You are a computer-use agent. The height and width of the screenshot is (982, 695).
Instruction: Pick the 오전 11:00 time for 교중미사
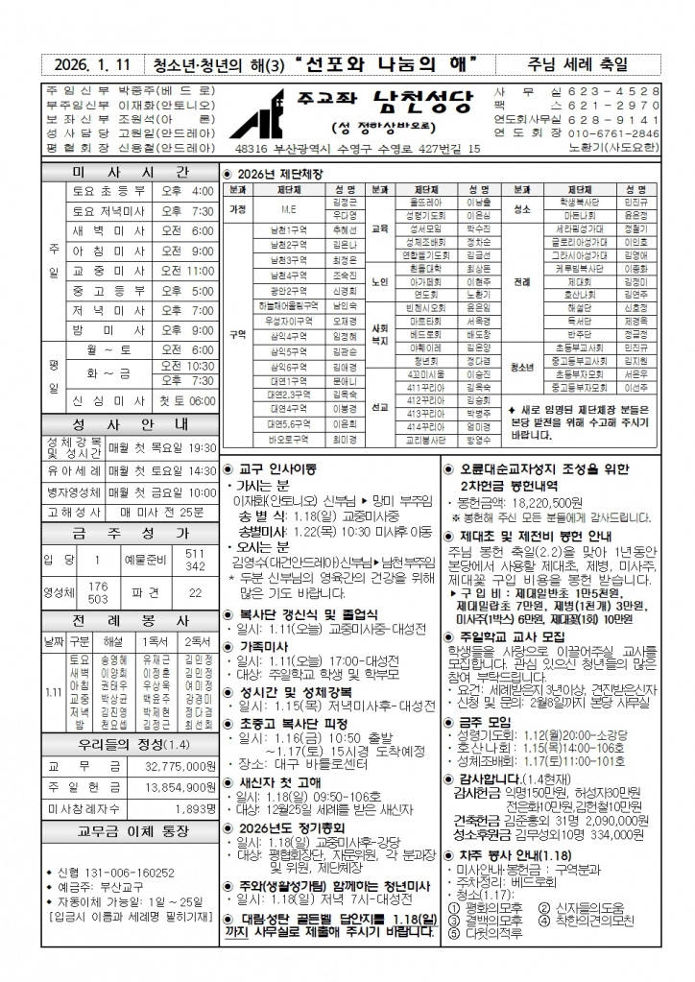coord(188,271)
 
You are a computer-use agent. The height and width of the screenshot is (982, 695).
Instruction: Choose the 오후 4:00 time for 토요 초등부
coord(188,191)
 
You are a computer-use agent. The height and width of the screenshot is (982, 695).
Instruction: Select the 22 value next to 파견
coord(195,593)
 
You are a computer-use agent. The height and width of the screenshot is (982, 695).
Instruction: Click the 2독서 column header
coord(198,640)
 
